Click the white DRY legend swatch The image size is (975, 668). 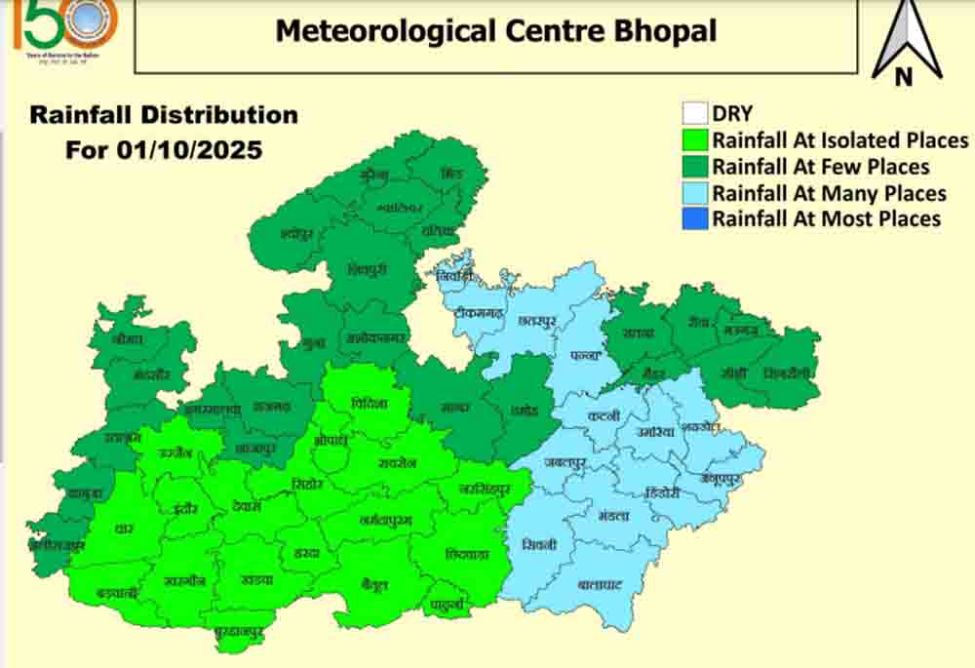pos(694,112)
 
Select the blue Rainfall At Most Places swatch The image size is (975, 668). pos(694,217)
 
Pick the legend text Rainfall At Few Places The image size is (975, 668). pos(820,166)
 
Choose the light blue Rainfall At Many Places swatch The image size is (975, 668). pos(694,192)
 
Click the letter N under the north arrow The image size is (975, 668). pos(904,76)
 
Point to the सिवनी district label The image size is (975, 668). pos(538,544)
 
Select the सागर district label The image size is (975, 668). pos(455,407)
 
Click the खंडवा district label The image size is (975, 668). pos(256,579)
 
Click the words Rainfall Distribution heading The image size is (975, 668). pos(164,114)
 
